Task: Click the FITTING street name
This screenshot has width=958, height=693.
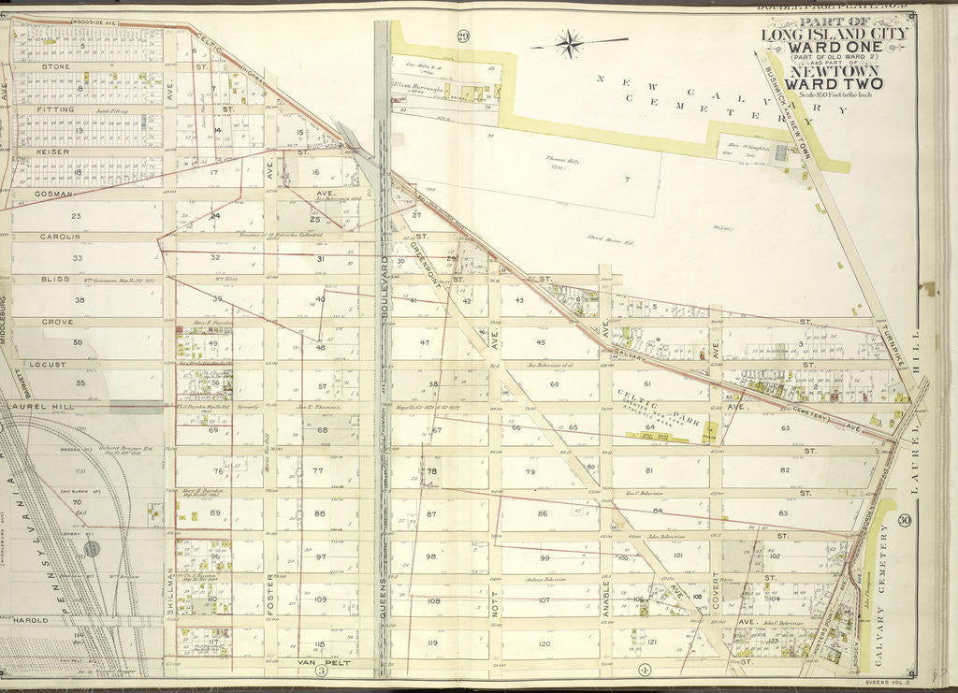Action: tap(59, 109)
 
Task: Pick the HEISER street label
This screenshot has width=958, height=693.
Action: tap(55, 151)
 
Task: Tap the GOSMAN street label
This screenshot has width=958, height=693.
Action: tap(58, 193)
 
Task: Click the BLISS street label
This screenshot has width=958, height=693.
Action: tap(55, 279)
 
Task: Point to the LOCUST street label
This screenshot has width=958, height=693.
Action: tap(58, 364)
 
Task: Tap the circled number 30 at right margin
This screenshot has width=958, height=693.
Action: tap(906, 520)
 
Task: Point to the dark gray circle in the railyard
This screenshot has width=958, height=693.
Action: tap(91, 548)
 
